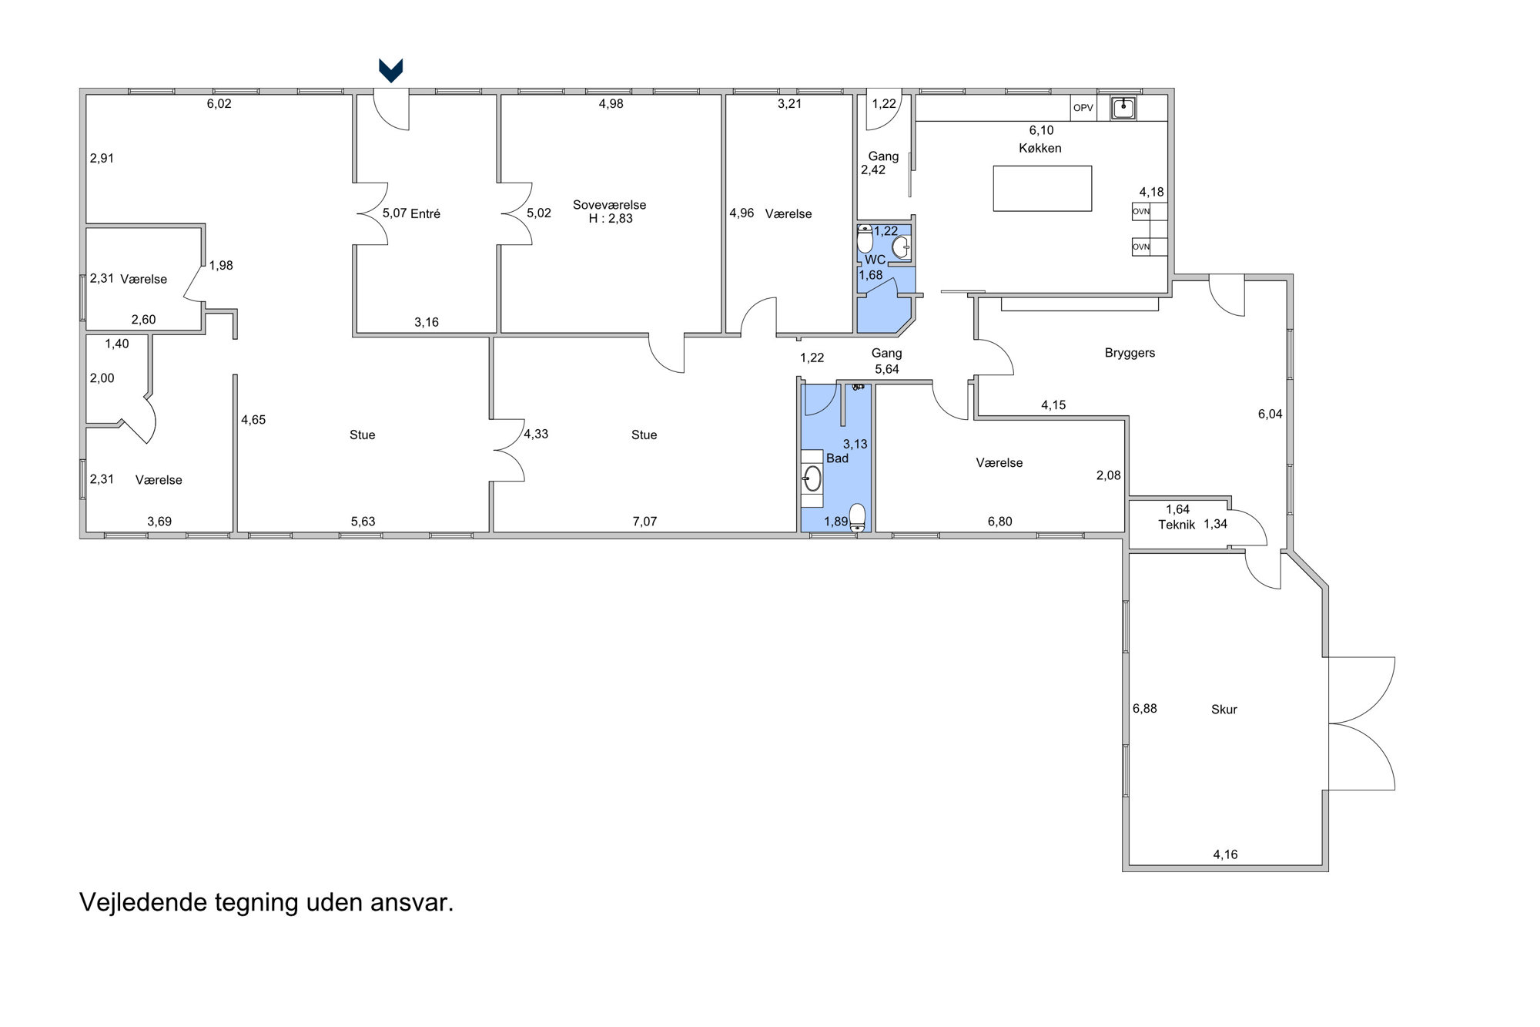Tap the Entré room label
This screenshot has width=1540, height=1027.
pyautogui.click(x=425, y=213)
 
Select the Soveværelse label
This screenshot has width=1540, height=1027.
pyautogui.click(x=609, y=205)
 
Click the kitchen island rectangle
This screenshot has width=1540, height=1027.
pyautogui.click(x=1042, y=189)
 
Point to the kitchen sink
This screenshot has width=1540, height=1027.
pyautogui.click(x=1123, y=108)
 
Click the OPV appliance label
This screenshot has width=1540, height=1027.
pyautogui.click(x=1083, y=108)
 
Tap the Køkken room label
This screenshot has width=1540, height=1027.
pyautogui.click(x=1040, y=148)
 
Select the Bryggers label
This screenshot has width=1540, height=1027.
pyautogui.click(x=1130, y=353)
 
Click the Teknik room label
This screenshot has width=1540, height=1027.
pyautogui.click(x=1177, y=525)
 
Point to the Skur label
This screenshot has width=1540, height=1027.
pyautogui.click(x=1224, y=710)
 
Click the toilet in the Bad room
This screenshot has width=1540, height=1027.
pyautogui.click(x=857, y=516)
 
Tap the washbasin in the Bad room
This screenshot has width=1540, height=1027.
pyautogui.click(x=812, y=478)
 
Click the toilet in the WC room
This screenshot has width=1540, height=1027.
pyautogui.click(x=865, y=239)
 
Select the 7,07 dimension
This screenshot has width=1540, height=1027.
pyautogui.click(x=644, y=522)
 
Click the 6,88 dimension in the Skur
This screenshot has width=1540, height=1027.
pyautogui.click(x=1144, y=709)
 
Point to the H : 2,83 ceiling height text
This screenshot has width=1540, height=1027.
pyautogui.click(x=611, y=219)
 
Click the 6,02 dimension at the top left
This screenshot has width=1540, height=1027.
pyautogui.click(x=219, y=104)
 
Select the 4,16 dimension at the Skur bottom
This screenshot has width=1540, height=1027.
pyautogui.click(x=1225, y=854)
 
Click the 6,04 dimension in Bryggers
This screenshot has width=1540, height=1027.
pyautogui.click(x=1270, y=414)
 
